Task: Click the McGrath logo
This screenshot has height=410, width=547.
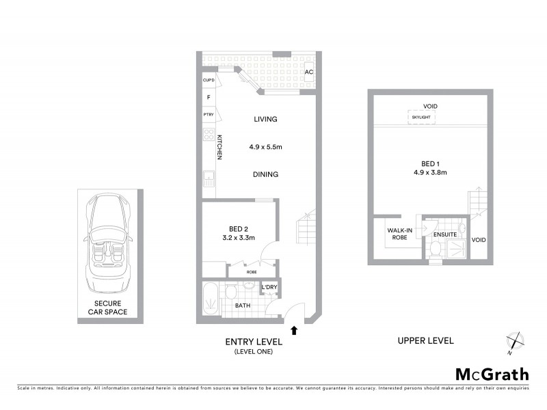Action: (x=492, y=374)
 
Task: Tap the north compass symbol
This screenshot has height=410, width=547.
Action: (x=515, y=341)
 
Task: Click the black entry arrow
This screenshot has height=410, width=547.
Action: (x=294, y=330)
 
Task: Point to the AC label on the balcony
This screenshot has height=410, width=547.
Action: (x=309, y=72)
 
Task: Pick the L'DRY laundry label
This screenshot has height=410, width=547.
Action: (x=269, y=287)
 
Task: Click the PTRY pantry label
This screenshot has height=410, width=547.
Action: (x=209, y=115)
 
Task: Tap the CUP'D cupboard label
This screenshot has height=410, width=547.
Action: (x=209, y=81)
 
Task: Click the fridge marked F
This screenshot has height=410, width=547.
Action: (x=209, y=98)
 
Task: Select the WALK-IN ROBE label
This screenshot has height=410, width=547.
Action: (x=399, y=235)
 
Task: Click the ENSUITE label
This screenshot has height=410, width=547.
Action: (x=445, y=235)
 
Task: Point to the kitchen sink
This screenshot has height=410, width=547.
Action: (x=209, y=181)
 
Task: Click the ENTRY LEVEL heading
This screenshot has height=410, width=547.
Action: (x=253, y=342)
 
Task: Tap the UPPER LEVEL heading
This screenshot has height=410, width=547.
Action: (x=426, y=340)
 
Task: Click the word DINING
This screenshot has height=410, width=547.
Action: (x=265, y=174)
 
